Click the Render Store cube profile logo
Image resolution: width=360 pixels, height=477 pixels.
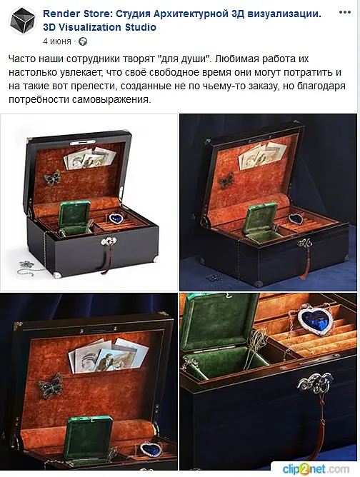click(23, 21)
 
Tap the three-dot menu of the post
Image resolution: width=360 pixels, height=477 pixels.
click(345, 12)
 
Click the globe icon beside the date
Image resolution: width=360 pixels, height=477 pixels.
click(83, 41)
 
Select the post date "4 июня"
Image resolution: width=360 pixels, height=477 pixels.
click(57, 41)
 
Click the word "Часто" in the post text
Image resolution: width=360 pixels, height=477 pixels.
click(22, 59)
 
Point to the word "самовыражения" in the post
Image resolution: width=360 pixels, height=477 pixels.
click(111, 99)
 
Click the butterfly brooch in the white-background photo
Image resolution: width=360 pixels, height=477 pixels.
click(52, 178)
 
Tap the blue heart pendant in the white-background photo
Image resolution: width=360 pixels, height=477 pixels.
click(116, 218)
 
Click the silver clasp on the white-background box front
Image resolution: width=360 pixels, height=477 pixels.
click(109, 241)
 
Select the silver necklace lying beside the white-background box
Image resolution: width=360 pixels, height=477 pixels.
click(29, 267)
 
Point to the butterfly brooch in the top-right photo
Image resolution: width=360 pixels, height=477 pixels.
click(226, 180)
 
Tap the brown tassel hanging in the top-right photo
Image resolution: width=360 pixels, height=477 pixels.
click(305, 264)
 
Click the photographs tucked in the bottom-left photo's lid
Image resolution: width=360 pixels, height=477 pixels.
click(108, 356)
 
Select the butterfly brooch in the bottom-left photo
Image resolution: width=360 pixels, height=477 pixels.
click(51, 386)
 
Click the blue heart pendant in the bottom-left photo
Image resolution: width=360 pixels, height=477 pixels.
click(151, 449)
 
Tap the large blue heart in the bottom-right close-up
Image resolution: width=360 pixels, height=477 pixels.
click(315, 321)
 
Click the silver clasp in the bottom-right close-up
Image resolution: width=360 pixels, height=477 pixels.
click(315, 383)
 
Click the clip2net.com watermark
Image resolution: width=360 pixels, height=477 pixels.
click(316, 469)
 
